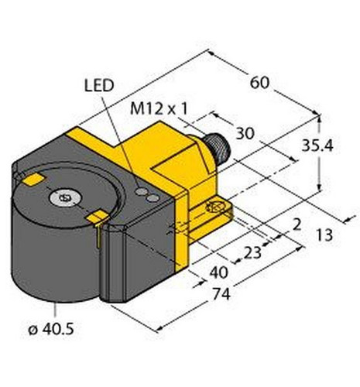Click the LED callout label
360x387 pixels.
click(x=99, y=85)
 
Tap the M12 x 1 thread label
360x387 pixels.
click(x=159, y=109)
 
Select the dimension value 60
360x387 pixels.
click(x=259, y=83)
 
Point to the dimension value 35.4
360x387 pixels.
click(x=317, y=146)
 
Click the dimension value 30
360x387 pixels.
click(x=245, y=133)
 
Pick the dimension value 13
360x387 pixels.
click(x=324, y=235)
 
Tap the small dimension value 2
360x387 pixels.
click(x=297, y=224)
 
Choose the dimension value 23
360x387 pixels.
click(x=252, y=252)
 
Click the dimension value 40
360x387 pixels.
click(x=219, y=272)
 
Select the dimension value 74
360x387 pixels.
click(x=221, y=294)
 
